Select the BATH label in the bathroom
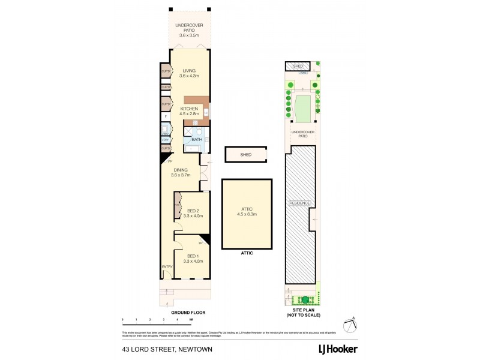(197, 139)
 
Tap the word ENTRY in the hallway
(167, 267)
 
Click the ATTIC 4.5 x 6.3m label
(247, 211)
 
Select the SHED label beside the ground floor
(245, 155)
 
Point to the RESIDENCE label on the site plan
(299, 203)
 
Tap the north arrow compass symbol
(351, 325)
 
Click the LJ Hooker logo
(338, 349)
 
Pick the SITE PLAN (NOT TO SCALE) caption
(303, 313)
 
